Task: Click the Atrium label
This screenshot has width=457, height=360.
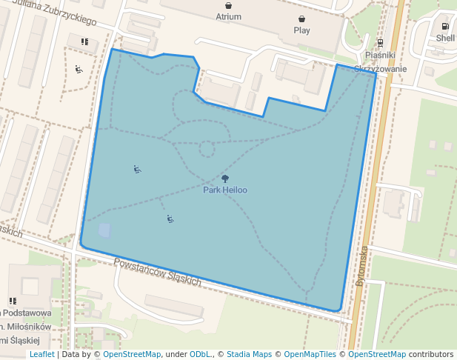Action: click(x=229, y=16)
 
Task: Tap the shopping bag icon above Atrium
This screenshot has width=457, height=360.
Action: click(x=229, y=5)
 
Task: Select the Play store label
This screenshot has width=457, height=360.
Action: click(x=301, y=30)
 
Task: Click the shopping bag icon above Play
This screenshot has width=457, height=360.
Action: click(x=301, y=19)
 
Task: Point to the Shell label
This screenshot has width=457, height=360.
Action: click(x=445, y=37)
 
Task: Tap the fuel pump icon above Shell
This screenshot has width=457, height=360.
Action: click(x=446, y=26)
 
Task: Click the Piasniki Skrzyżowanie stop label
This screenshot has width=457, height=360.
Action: click(x=381, y=61)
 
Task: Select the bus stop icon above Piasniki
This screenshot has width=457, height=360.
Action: click(x=380, y=43)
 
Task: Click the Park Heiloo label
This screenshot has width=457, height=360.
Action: click(x=225, y=190)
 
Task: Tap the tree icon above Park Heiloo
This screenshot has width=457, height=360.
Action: click(x=225, y=179)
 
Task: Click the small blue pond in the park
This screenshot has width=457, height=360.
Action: click(x=104, y=231)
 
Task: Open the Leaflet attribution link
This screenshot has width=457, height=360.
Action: click(x=41, y=355)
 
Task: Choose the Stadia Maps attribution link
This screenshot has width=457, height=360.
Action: click(x=249, y=355)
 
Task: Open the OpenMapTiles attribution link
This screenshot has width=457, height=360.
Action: click(x=310, y=355)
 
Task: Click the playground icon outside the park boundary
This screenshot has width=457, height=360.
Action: click(x=79, y=70)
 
